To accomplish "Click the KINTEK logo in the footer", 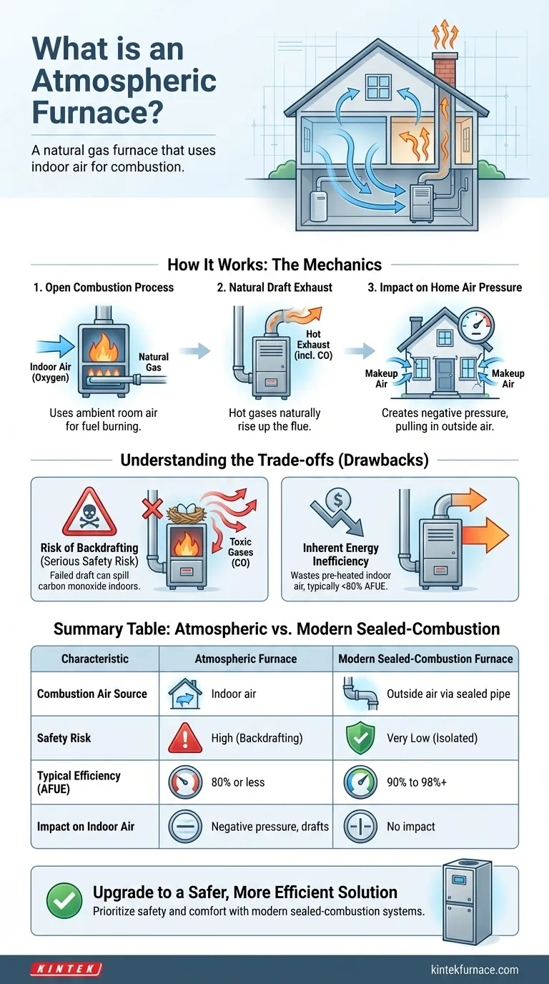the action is click(66, 969).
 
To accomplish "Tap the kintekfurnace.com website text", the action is click(475, 970).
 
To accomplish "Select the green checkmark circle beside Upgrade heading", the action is click(64, 900).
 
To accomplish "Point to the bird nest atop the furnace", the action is click(187, 512).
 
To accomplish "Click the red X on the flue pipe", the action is click(152, 508).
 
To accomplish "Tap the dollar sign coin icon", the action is click(338, 499).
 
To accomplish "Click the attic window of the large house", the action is click(378, 87).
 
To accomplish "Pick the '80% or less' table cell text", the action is click(238, 782).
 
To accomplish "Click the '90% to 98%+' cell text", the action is click(417, 782).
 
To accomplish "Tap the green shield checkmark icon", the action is click(360, 737).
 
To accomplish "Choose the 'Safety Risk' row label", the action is click(64, 738).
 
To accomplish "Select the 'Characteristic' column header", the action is click(95, 659).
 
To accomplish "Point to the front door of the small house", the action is click(445, 375).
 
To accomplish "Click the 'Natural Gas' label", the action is click(154, 362).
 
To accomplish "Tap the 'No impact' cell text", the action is click(410, 827).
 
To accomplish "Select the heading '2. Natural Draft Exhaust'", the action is click(274, 287).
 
